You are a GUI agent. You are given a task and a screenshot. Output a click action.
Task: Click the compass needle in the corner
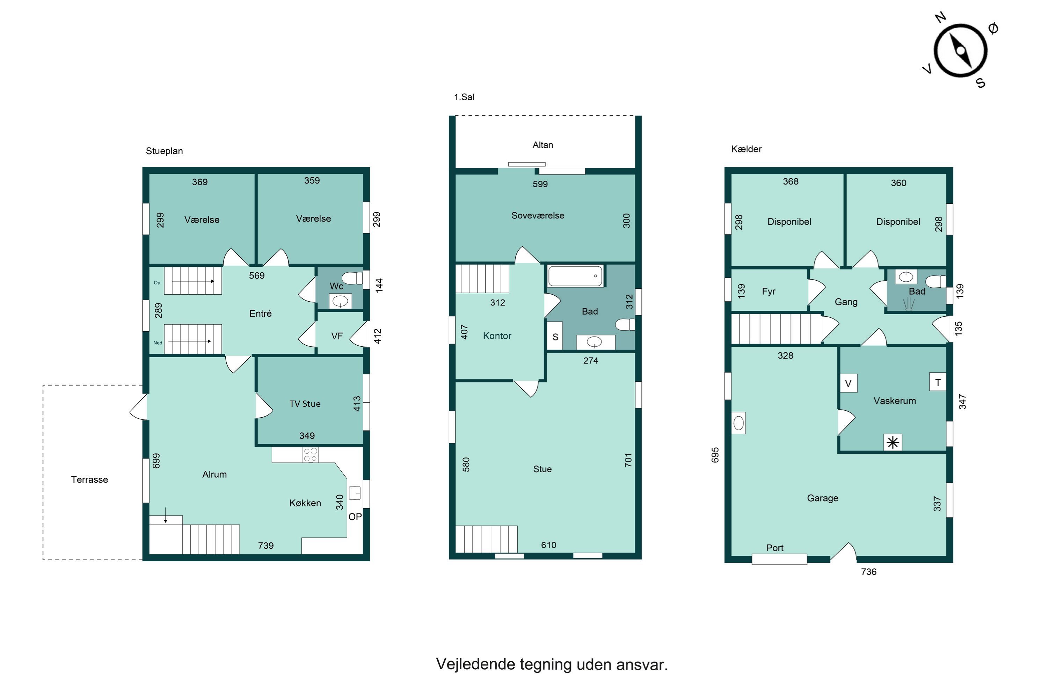(960, 51)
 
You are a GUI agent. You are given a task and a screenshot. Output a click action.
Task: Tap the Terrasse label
(89, 480)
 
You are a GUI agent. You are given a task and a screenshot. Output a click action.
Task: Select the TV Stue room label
(305, 404)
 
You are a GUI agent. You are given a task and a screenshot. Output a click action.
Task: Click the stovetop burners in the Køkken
(311, 455)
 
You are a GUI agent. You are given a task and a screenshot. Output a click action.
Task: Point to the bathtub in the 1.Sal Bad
(575, 276)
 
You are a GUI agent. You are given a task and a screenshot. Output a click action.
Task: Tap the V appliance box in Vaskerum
(849, 383)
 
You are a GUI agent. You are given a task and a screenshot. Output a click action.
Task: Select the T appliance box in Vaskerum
(938, 382)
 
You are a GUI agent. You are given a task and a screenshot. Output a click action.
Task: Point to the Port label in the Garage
(774, 548)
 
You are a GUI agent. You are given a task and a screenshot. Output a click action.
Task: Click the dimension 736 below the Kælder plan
(868, 572)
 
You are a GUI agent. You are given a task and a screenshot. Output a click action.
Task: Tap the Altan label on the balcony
(543, 145)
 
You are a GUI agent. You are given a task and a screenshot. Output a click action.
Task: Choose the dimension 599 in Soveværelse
(540, 184)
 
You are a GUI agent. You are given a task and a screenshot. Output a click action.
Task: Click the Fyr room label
(769, 291)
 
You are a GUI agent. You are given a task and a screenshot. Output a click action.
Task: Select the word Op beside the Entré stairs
(157, 283)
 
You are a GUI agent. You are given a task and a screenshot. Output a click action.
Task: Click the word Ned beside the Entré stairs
(158, 343)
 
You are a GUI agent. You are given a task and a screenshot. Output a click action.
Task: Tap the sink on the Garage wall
(738, 423)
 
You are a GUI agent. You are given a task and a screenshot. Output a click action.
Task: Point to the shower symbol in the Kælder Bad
(909, 304)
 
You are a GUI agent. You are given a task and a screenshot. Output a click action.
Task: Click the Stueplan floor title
(165, 151)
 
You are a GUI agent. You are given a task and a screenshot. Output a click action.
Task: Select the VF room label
(337, 336)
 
